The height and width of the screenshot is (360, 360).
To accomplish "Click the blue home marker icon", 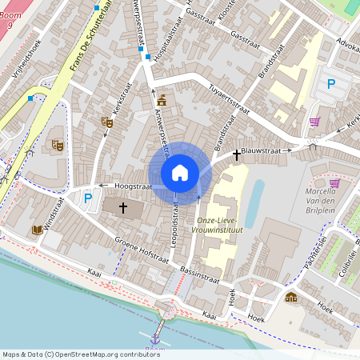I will tap(180, 173).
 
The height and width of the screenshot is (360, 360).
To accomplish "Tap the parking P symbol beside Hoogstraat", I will tap(88, 198).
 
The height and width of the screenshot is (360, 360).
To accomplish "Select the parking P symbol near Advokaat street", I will tap(331, 82).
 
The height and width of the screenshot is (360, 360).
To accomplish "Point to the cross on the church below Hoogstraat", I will tap(123, 208).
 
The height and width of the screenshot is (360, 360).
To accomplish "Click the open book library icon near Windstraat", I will tap(37, 230).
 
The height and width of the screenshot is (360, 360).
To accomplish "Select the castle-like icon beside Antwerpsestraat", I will tap(162, 100).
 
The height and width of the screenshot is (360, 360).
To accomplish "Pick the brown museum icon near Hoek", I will tap(290, 298).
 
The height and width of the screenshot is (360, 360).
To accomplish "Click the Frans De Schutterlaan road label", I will tap(89, 43).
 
